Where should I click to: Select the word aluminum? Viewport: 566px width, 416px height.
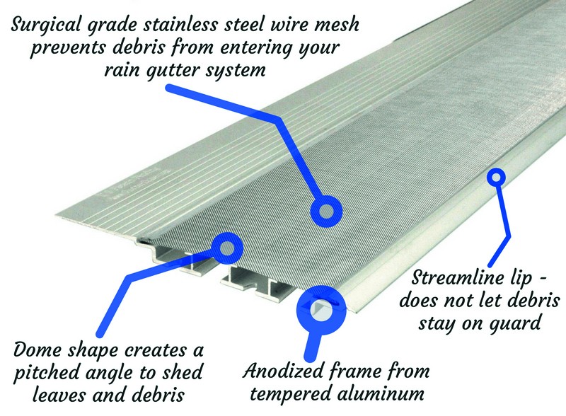click(x=387, y=393)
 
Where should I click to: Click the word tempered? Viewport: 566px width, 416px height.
click(x=294, y=393)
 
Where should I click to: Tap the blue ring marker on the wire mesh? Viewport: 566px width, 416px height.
click(x=325, y=209)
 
